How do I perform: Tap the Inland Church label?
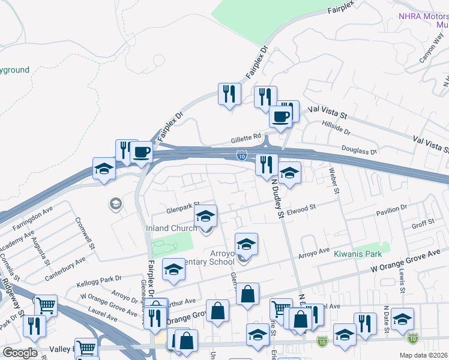(172, 228)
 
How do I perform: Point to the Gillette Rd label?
(246, 138)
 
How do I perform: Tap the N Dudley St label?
(277, 199)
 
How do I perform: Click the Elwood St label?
(301, 208)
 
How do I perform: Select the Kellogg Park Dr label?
(100, 278)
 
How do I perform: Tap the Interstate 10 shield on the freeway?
(241, 155)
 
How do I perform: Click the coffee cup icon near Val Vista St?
(280, 116)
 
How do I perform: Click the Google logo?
(20, 353)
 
